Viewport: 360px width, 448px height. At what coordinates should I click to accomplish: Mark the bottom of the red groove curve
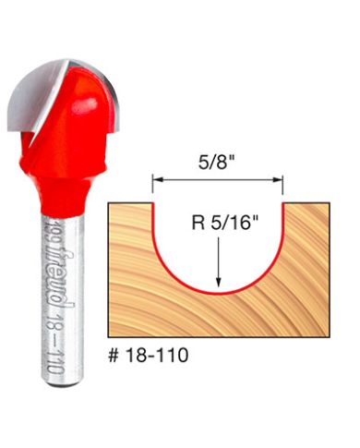(219, 292)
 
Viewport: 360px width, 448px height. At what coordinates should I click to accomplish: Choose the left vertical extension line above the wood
(153, 188)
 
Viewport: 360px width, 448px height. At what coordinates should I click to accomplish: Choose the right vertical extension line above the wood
(283, 188)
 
